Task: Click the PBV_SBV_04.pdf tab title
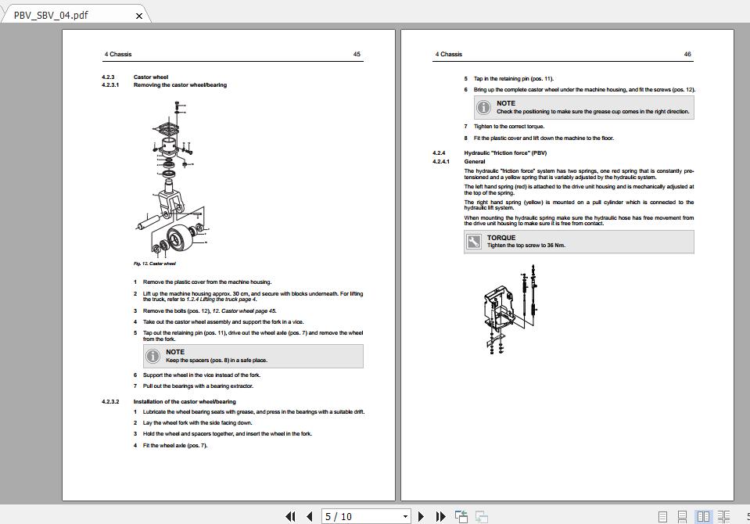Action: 51,15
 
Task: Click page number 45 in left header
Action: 357,55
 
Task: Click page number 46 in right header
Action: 687,55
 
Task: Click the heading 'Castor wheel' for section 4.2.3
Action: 151,77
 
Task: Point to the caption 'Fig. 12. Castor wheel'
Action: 155,264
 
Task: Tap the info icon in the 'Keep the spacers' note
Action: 153,356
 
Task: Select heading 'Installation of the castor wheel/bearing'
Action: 185,402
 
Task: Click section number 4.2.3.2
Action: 110,402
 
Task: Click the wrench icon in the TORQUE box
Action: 474,242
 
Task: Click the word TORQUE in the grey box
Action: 501,238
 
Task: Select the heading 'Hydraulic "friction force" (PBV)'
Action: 505,153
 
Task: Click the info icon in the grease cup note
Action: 483,107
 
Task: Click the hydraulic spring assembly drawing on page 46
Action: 508,309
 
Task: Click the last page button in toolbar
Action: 440,516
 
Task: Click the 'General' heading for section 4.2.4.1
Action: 475,162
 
